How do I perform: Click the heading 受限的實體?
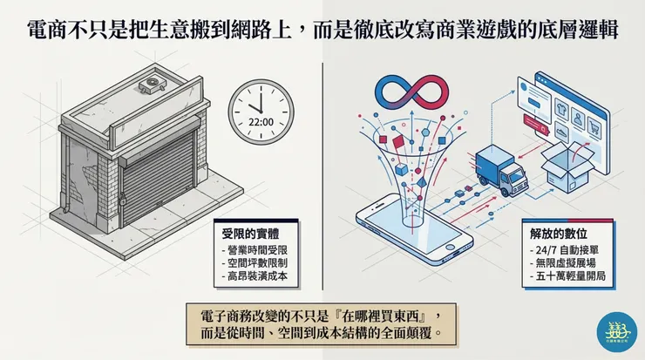[248, 234]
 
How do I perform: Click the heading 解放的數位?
[554, 234]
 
